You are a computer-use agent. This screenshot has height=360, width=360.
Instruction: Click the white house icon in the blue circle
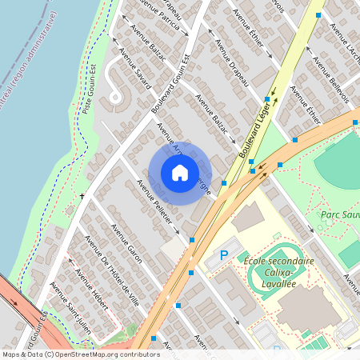pyautogui.click(x=179, y=173)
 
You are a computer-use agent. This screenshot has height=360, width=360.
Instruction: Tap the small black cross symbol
pyautogui.click(x=82, y=195)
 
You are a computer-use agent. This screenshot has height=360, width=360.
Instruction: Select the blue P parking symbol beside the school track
pyautogui.click(x=224, y=255)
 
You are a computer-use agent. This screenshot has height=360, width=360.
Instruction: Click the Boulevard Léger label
pyautogui.click(x=254, y=126)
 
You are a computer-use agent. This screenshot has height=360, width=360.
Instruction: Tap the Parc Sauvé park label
pyautogui.click(x=337, y=214)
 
